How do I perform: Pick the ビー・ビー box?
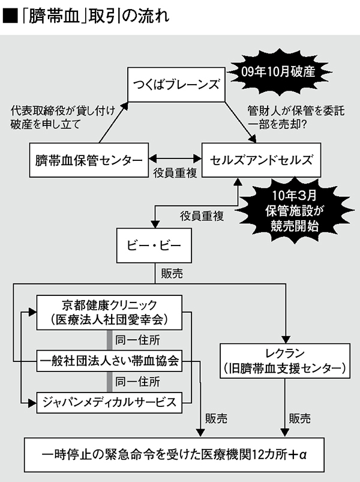point(149,247)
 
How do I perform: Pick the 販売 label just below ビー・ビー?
point(175,273)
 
